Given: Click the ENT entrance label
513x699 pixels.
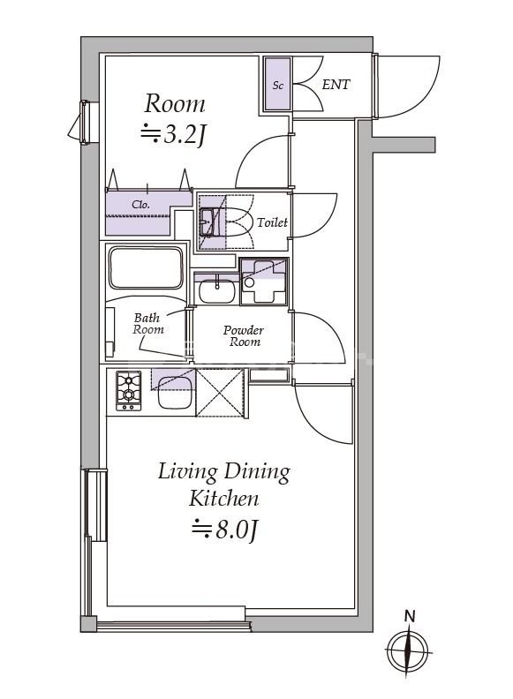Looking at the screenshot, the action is pyautogui.click(x=336, y=84).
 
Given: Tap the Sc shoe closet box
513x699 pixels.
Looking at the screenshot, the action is pyautogui.click(x=277, y=84).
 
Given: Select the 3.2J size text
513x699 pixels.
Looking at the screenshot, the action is pyautogui.click(x=174, y=134).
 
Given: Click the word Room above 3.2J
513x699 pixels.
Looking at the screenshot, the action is pyautogui.click(x=175, y=103).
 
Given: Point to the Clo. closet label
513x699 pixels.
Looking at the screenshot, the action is pyautogui.click(x=140, y=205).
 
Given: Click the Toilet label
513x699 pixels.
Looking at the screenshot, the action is pyautogui.click(x=272, y=222).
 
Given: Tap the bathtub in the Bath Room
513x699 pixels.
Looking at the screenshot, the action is pyautogui.click(x=146, y=268).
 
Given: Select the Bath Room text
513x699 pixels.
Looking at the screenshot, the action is pyautogui.click(x=148, y=324).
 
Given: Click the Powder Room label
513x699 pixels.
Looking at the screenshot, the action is pyautogui.click(x=244, y=336).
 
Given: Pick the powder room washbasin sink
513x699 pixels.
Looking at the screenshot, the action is pyautogui.click(x=216, y=291).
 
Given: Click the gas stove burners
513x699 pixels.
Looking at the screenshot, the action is pyautogui.click(x=129, y=390).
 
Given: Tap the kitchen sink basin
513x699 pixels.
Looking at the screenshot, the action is pyautogui.click(x=176, y=393).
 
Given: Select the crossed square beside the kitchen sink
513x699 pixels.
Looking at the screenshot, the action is pyautogui.click(x=220, y=392).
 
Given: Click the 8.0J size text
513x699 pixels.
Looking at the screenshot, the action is pyautogui.click(x=225, y=530).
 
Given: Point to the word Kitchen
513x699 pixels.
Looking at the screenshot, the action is pyautogui.click(x=224, y=499).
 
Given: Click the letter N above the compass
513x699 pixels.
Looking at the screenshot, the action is pyautogui.click(x=409, y=616).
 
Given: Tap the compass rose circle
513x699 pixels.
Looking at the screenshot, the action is pyautogui.click(x=408, y=651).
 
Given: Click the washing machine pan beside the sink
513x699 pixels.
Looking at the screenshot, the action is pyautogui.click(x=264, y=282).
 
